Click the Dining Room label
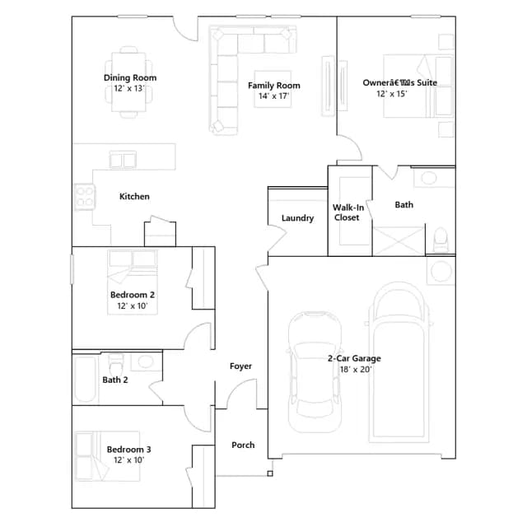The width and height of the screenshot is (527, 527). click(130, 77)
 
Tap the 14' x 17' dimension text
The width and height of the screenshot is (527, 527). click(273, 96)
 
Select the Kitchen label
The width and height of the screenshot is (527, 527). click(134, 196)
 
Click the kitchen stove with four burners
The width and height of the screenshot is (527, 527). click(84, 197)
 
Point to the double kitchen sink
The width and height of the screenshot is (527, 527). click(123, 159)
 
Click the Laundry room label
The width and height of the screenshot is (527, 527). click(297, 218)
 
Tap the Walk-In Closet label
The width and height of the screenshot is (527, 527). click(347, 212)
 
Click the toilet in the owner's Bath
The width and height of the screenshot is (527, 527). click(441, 240)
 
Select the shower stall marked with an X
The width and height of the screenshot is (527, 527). click(399, 241)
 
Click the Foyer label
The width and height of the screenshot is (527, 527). click(240, 366)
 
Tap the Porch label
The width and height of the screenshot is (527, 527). click(243, 445)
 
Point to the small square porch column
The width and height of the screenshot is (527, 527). click(270, 473)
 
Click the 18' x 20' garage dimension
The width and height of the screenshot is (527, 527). click(356, 370)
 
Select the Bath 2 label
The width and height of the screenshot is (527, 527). click(115, 380)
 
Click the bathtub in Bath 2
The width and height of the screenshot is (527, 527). click(86, 379)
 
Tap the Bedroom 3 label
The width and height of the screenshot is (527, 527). click(128, 450)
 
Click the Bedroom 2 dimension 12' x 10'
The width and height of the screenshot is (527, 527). click(133, 305)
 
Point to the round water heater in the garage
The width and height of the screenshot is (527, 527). click(441, 271)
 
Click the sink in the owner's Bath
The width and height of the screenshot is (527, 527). click(429, 178)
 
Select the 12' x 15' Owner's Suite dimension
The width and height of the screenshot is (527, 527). click(392, 94)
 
